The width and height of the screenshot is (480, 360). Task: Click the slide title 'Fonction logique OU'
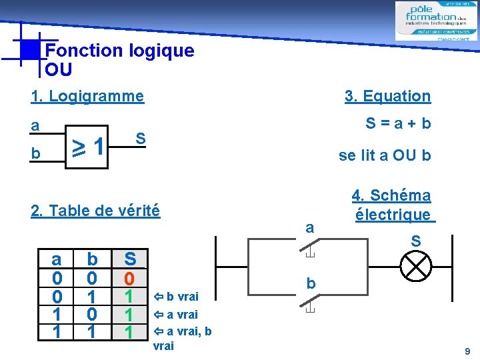click(119, 59)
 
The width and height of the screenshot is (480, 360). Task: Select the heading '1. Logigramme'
click(87, 96)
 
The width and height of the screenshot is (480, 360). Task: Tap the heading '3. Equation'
click(387, 96)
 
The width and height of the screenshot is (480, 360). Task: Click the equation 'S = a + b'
click(398, 123)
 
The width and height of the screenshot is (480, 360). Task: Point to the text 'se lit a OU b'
click(385, 156)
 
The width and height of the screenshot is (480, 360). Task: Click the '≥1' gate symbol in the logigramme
click(89, 145)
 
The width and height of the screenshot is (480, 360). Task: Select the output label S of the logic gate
click(141, 139)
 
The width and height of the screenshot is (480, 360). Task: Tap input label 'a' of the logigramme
click(35, 125)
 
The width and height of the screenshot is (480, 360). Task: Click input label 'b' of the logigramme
click(35, 154)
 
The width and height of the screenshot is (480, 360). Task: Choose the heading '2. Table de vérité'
click(95, 211)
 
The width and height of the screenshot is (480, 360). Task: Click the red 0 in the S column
click(130, 277)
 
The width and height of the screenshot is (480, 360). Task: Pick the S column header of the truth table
click(130, 258)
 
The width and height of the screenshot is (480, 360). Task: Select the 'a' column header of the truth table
click(58, 258)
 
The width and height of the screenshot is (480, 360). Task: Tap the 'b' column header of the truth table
click(93, 258)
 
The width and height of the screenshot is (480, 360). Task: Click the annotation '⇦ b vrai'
click(175, 295)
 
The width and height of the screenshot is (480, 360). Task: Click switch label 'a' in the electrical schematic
click(309, 228)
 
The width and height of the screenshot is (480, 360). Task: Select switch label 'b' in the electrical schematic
click(310, 284)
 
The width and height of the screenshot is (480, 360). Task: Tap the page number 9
click(467, 351)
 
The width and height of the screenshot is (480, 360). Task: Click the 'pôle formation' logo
click(436, 21)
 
